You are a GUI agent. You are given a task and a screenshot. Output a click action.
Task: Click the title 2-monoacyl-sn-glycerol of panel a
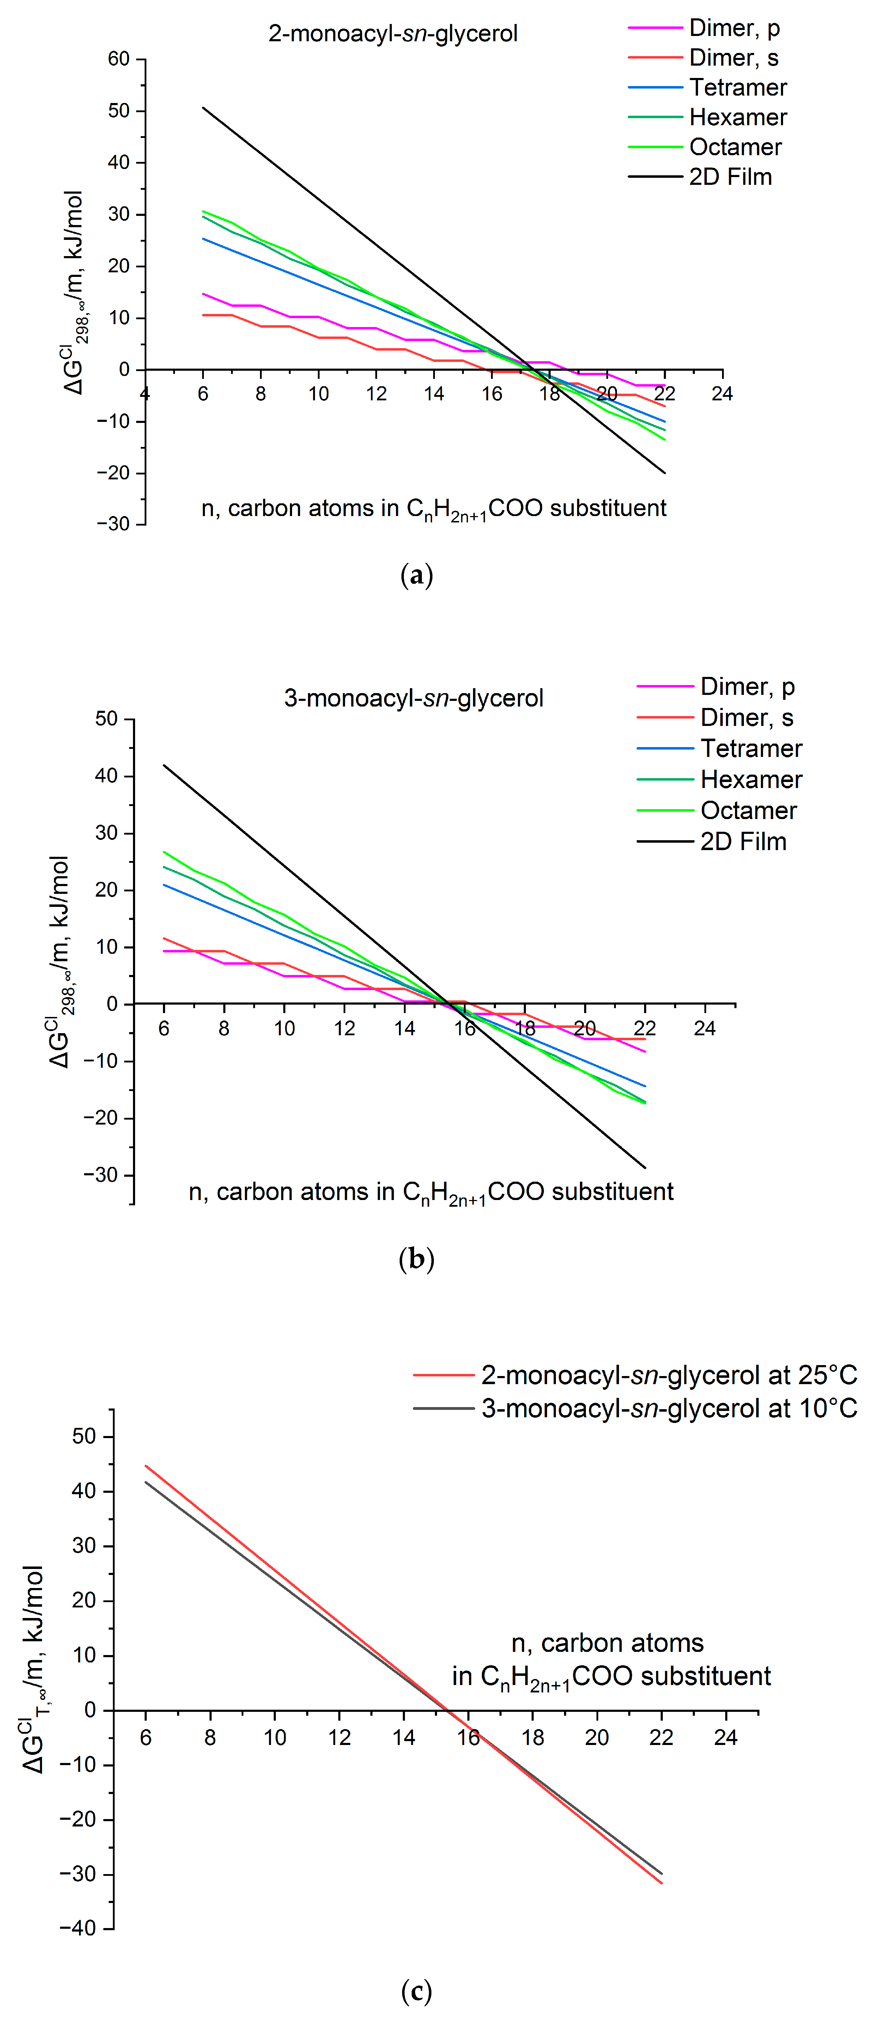pos(393,34)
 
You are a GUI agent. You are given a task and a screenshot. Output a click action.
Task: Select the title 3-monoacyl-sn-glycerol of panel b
pos(413,698)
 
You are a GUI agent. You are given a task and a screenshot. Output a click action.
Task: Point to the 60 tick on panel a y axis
pos(119,59)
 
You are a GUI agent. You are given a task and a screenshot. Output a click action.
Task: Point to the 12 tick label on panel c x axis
pos(339,1738)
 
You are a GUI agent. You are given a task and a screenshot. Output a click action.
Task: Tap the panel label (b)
pos(416,1259)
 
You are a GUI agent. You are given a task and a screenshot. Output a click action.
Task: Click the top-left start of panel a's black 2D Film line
pos(203,107)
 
